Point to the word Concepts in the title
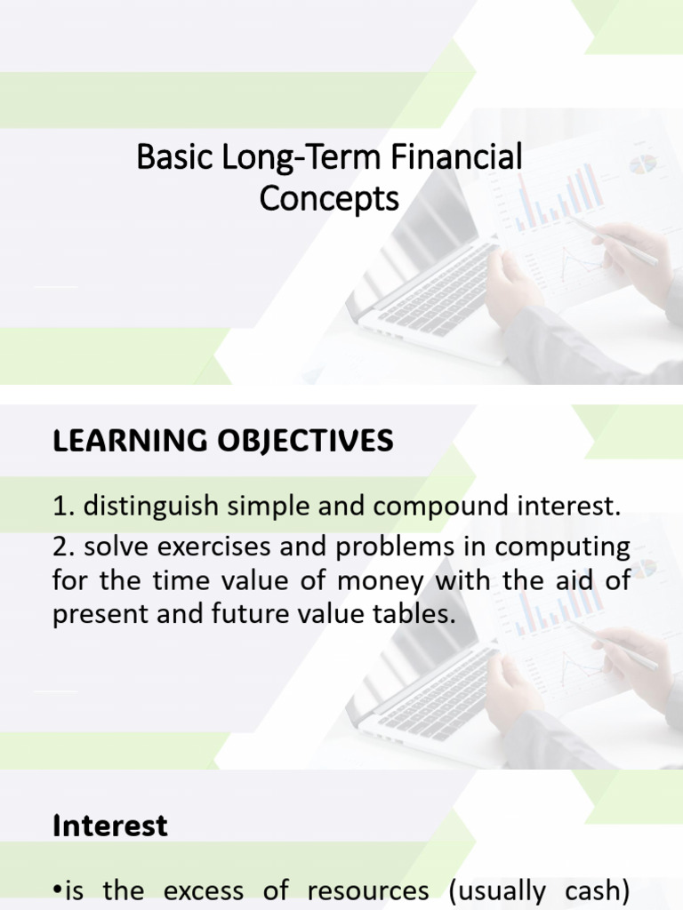point(329,199)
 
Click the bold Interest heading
point(110,826)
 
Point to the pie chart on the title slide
point(642,164)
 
